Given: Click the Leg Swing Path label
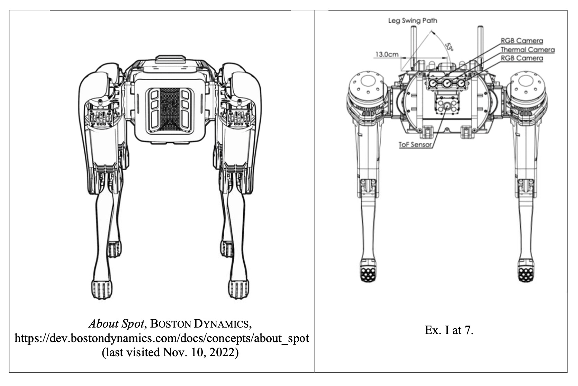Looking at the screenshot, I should pos(412,21).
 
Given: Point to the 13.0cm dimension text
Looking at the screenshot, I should pos(387,55).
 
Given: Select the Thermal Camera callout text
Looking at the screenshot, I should pos(527,50).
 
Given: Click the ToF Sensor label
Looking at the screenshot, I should pos(415,145).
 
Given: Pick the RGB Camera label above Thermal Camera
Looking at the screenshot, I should pos(522,41).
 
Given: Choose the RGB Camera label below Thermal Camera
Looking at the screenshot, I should pos(522,58).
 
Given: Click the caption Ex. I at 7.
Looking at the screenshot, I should pos(449,330).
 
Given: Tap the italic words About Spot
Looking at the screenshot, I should pos(116,324).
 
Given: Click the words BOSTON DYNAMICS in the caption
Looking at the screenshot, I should pos(200,324).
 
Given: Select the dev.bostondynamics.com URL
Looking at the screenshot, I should pos(162,338).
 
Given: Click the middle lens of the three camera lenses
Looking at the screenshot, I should pos(447,83).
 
